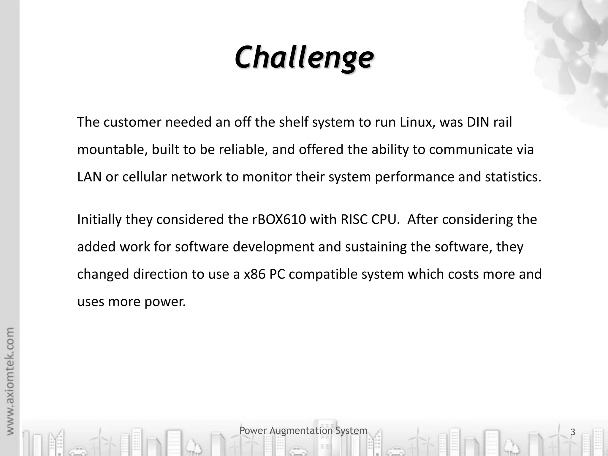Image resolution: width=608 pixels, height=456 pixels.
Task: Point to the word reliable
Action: (243, 150)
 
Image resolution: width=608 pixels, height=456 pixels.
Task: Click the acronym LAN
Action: (89, 177)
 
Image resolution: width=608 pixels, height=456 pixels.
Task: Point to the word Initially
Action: (99, 220)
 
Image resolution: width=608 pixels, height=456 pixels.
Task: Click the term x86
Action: (254, 274)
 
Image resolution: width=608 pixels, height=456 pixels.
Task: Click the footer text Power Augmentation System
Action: (303, 430)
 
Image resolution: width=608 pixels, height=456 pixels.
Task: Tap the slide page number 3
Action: (573, 432)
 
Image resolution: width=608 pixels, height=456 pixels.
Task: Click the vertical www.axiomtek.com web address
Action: (10, 381)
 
